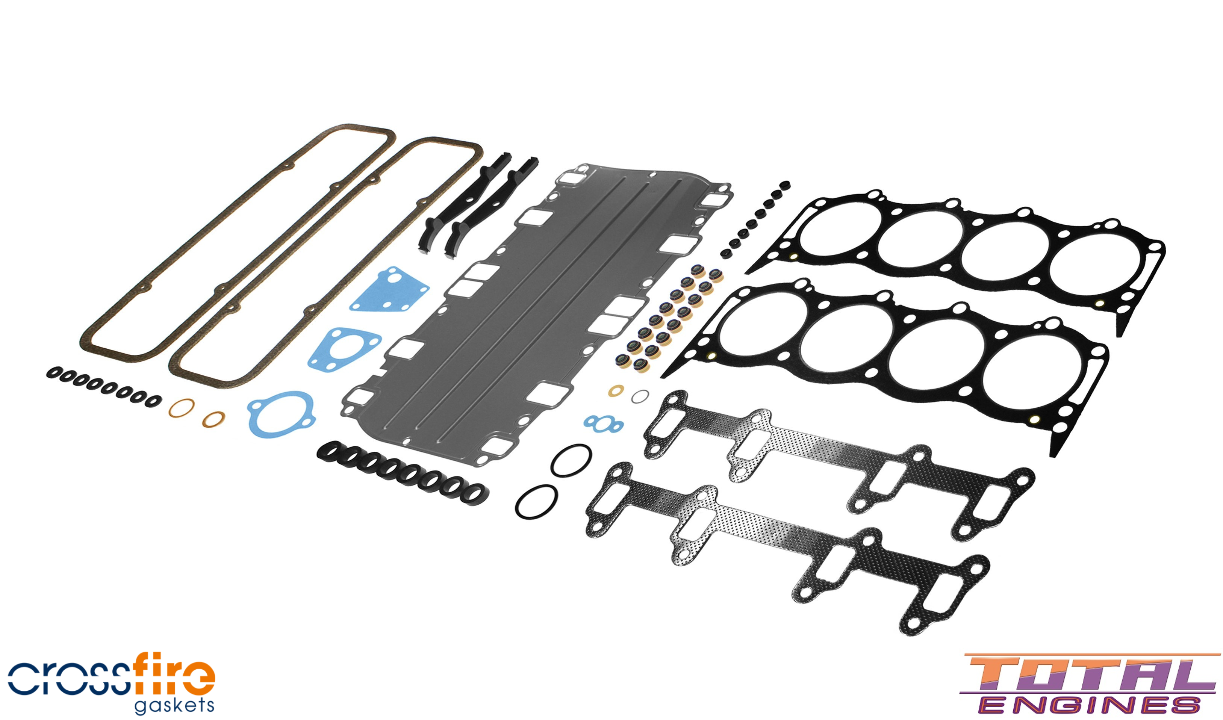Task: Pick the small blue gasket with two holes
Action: (603, 424)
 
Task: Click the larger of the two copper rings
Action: (182, 408)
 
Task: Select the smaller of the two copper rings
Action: (213, 419)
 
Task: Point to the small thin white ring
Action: (640, 396)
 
